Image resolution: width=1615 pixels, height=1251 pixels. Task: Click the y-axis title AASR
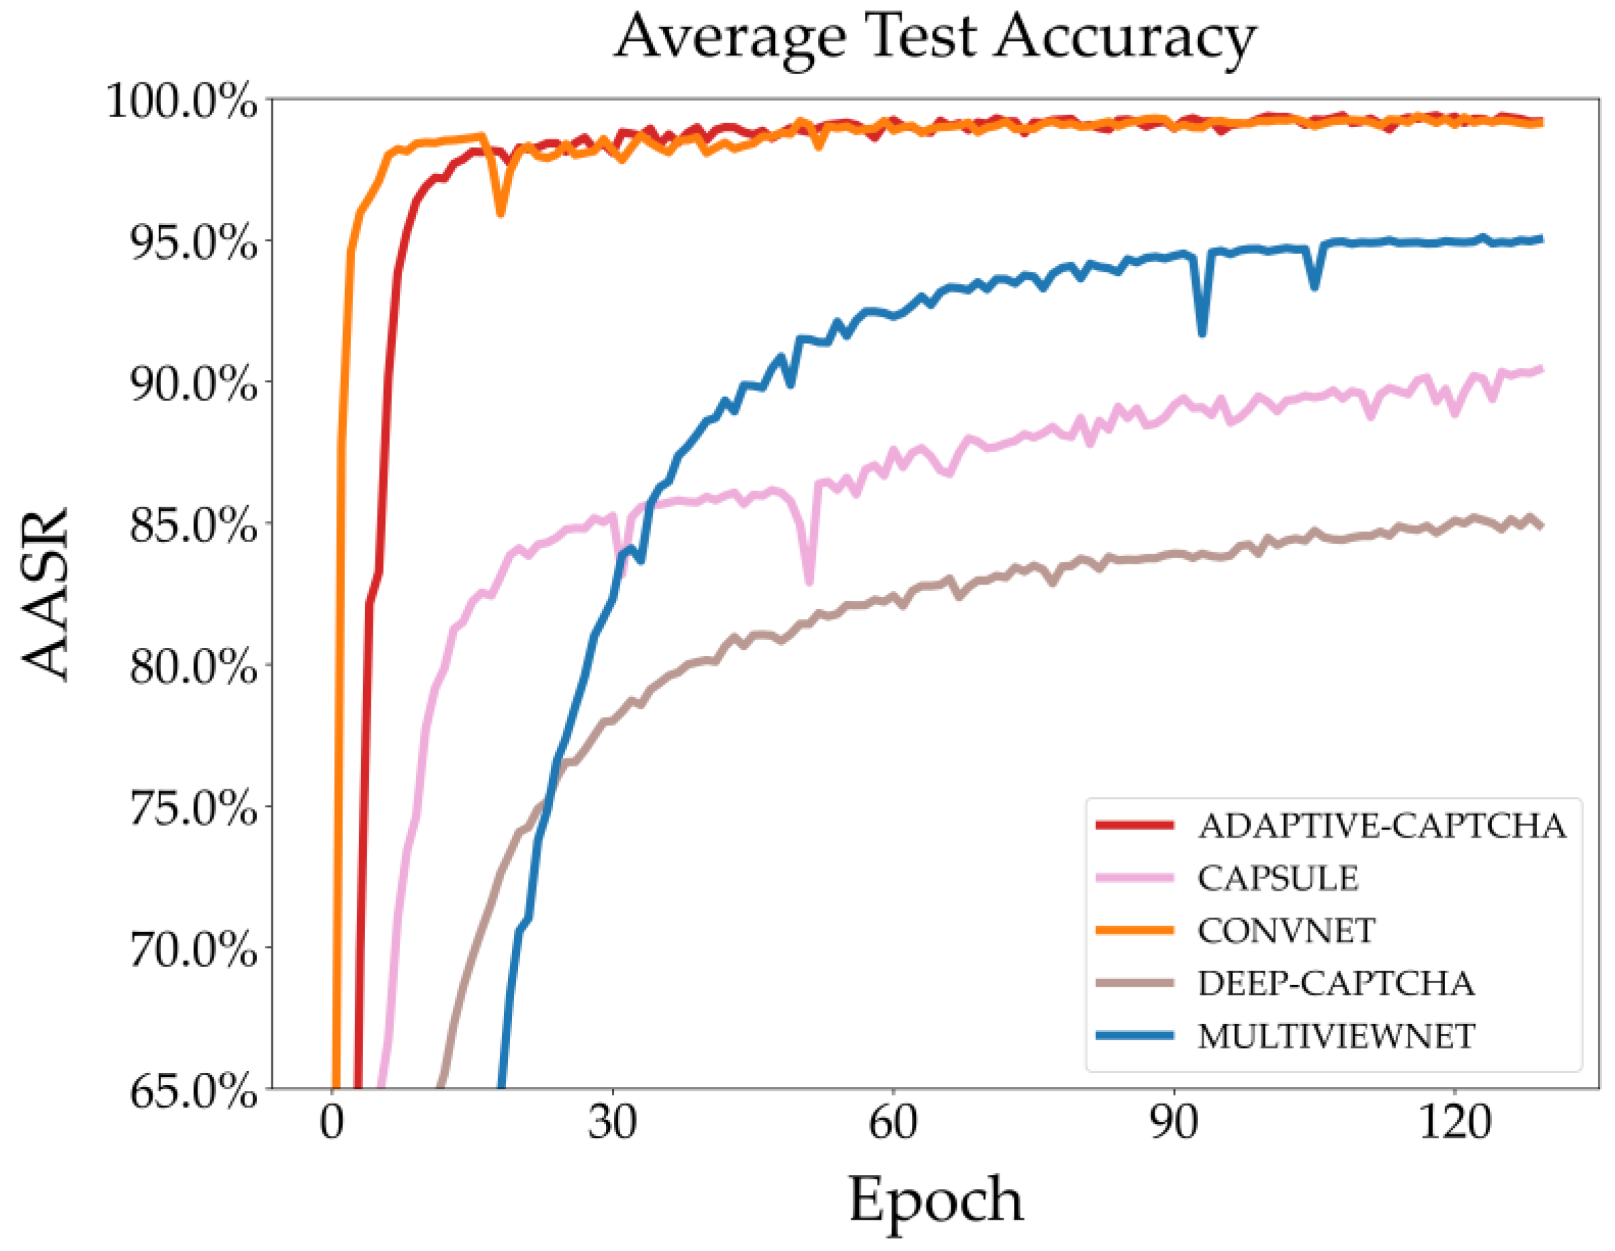click(x=46, y=594)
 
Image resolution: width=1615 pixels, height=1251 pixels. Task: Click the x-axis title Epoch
click(x=936, y=1199)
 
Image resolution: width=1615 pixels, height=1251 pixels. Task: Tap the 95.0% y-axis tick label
click(x=193, y=242)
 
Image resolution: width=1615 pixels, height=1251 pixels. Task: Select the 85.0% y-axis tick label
click(x=193, y=525)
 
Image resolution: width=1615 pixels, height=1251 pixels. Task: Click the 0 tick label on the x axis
click(x=332, y=1123)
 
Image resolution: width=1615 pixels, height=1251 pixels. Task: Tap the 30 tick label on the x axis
click(x=612, y=1123)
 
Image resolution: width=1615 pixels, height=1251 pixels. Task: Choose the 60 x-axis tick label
click(x=893, y=1123)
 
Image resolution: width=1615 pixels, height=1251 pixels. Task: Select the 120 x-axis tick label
click(x=1454, y=1123)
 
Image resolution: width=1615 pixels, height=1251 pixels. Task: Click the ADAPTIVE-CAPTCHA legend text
click(x=1381, y=826)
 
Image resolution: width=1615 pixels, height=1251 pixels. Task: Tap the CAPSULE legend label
click(x=1278, y=878)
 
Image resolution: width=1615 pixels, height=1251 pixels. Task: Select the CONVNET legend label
click(x=1286, y=931)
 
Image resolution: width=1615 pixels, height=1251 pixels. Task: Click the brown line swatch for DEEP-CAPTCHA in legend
click(x=1134, y=983)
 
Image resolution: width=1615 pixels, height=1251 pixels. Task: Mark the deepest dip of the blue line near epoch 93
click(x=1202, y=333)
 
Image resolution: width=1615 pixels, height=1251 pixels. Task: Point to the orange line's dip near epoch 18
click(x=500, y=213)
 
